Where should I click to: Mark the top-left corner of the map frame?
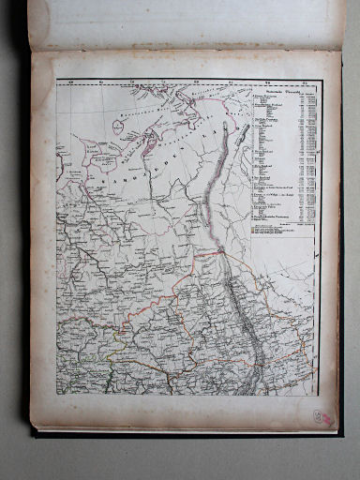57,80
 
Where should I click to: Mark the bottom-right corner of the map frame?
320,395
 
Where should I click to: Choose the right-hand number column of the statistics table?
307,159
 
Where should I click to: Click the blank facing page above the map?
187,23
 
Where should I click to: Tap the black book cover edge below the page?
187,432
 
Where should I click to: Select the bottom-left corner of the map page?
35,427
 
